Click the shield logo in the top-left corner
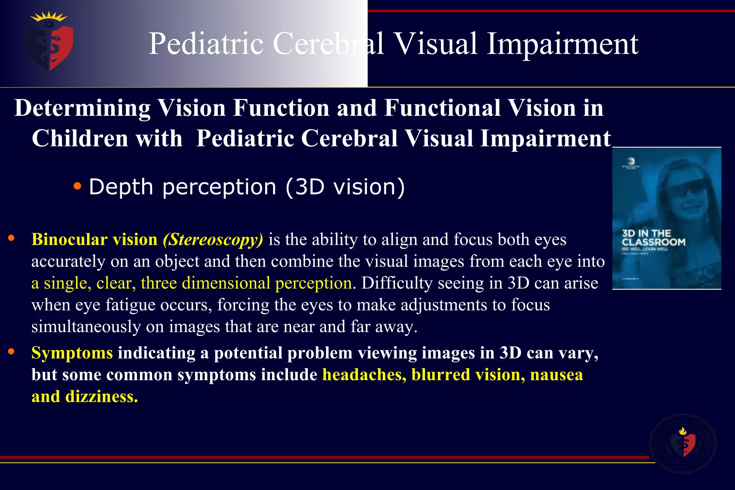[x=50, y=42]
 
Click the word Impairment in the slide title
[x=562, y=44]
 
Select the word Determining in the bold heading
[x=83, y=108]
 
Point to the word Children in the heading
[x=80, y=138]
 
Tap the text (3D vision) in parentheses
[x=345, y=187]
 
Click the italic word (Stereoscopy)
[x=213, y=240]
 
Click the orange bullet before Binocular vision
[x=11, y=238]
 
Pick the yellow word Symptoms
[x=72, y=353]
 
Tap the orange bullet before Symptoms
[x=11, y=352]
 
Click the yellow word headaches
[x=364, y=375]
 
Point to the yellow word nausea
[x=556, y=375]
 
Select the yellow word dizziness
[x=102, y=397]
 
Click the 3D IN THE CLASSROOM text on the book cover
[x=653, y=238]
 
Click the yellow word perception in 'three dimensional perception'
[x=313, y=283]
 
